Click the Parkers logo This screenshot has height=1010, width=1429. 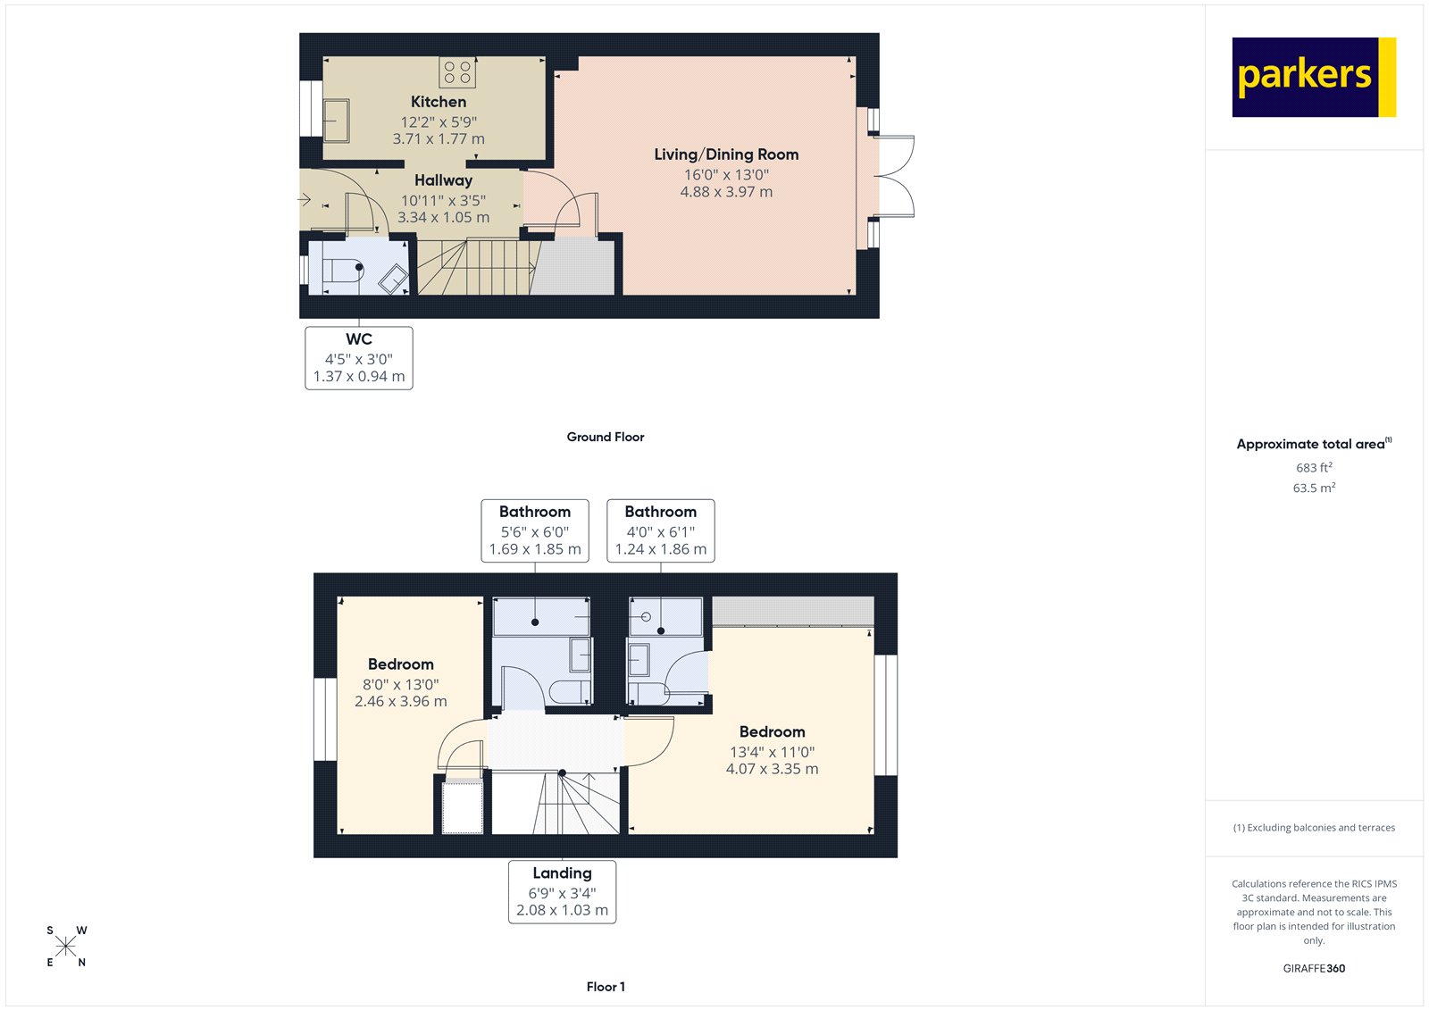pyautogui.click(x=1313, y=77)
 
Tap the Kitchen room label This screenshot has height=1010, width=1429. pyautogui.click(x=439, y=102)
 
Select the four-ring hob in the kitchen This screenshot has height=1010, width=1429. pyautogui.click(x=457, y=72)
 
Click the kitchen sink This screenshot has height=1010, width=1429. pyautogui.click(x=336, y=120)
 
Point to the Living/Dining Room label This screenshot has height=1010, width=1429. pyautogui.click(x=726, y=154)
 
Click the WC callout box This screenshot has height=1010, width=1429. pyautogui.click(x=359, y=357)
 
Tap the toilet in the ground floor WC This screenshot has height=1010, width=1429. pyautogui.click(x=342, y=269)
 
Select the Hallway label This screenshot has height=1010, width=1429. pyautogui.click(x=443, y=180)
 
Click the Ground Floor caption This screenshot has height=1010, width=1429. pyautogui.click(x=605, y=437)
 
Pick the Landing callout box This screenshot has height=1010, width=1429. pyautogui.click(x=562, y=891)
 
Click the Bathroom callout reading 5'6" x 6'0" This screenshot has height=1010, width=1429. pyautogui.click(x=535, y=530)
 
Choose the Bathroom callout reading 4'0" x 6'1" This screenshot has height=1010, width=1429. pyautogui.click(x=661, y=530)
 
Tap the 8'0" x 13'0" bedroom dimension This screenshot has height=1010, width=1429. pyautogui.click(x=400, y=685)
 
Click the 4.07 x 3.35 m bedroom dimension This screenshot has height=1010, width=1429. pyautogui.click(x=772, y=769)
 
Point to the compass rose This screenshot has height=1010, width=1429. pyautogui.click(x=66, y=947)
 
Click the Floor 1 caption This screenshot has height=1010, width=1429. pyautogui.click(x=606, y=987)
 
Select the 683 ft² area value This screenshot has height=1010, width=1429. pyautogui.click(x=1314, y=468)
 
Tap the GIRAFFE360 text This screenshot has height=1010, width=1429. pyautogui.click(x=1314, y=968)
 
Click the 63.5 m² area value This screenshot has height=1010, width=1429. pyautogui.click(x=1314, y=488)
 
